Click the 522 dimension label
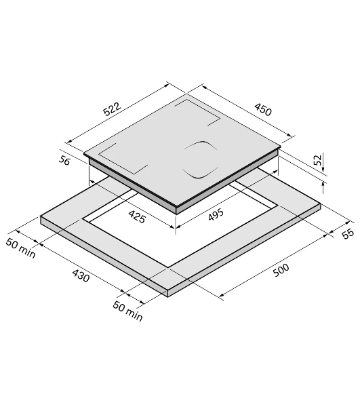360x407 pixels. click(x=112, y=109)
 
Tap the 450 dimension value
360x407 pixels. click(x=263, y=109)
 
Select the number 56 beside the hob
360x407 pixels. click(x=64, y=160)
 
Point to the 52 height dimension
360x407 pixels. click(x=317, y=160)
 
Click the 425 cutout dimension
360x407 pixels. click(x=137, y=217)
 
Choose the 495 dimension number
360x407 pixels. click(x=216, y=214)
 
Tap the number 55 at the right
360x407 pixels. click(x=348, y=233)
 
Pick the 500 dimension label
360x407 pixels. click(x=281, y=270)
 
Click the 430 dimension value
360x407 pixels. click(x=81, y=275)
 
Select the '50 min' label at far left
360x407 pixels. click(x=20, y=248)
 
